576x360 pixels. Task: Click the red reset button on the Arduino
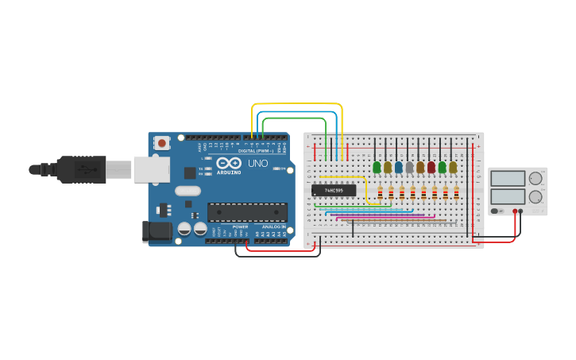[x=162, y=143]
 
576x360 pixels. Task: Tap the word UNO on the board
[x=257, y=163]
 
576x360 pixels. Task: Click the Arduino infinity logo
[x=228, y=162]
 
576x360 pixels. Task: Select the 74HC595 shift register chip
[x=334, y=191]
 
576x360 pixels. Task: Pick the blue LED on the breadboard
[x=399, y=168]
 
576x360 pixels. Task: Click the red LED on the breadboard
[x=431, y=168]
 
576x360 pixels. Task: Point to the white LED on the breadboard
[x=409, y=168]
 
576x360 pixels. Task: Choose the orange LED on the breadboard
[x=420, y=168]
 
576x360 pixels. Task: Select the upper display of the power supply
[x=508, y=178]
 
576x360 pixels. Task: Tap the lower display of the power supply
[x=508, y=196]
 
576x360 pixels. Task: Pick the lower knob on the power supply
[x=535, y=196]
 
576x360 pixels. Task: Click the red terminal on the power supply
[x=515, y=211]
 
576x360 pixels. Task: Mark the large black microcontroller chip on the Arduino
[x=246, y=212]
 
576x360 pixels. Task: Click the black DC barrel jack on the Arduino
[x=157, y=231]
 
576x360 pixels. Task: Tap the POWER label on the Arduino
[x=240, y=226]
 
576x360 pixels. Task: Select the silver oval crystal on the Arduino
[x=188, y=191]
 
